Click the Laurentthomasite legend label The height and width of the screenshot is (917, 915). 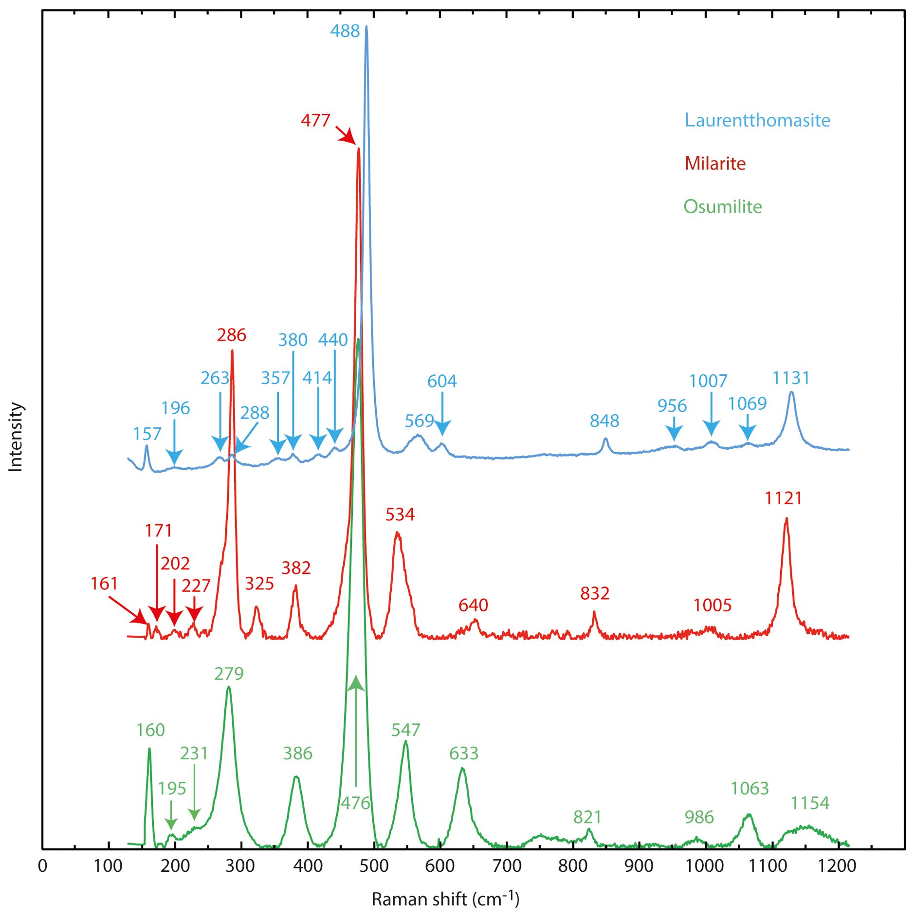tap(757, 120)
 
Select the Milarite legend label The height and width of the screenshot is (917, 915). tap(714, 163)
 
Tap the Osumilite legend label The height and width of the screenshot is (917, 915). tap(722, 206)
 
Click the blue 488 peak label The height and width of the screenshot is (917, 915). tap(345, 31)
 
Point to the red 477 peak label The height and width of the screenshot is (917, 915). tap(315, 120)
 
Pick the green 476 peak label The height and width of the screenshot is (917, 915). tap(355, 803)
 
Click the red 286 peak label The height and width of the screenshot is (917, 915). tap(231, 335)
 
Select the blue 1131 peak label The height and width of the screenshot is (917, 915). tap(791, 378)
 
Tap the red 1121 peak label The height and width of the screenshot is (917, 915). tap(783, 498)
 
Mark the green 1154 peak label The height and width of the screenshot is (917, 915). tap(810, 803)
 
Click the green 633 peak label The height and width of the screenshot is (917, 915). tap(464, 753)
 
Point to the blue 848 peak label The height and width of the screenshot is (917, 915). tap(604, 421)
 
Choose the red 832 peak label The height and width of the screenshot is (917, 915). tap(595, 593)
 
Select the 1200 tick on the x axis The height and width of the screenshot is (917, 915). tap(838, 866)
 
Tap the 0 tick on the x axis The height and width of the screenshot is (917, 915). tap(43, 866)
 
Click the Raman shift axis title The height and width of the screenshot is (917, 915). tap(445, 899)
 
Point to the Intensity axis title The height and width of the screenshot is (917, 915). tap(16, 437)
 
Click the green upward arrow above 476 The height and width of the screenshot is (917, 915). tap(356, 730)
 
